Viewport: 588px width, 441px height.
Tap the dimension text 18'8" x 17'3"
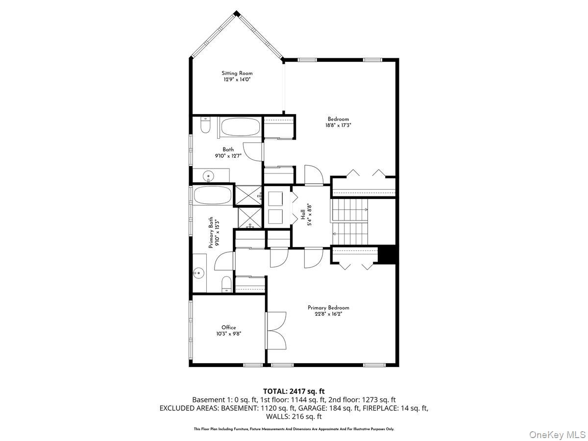click(x=338, y=125)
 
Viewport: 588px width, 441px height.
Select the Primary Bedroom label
click(x=328, y=308)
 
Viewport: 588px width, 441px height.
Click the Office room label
click(x=228, y=327)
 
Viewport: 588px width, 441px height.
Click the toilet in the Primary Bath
click(x=226, y=284)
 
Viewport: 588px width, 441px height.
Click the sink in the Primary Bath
click(x=199, y=272)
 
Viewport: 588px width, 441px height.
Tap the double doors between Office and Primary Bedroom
click(x=277, y=331)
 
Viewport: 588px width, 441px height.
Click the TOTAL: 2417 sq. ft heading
click(x=294, y=391)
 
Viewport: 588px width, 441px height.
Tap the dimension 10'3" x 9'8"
click(x=228, y=334)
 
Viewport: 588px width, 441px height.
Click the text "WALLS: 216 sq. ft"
click(x=294, y=416)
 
